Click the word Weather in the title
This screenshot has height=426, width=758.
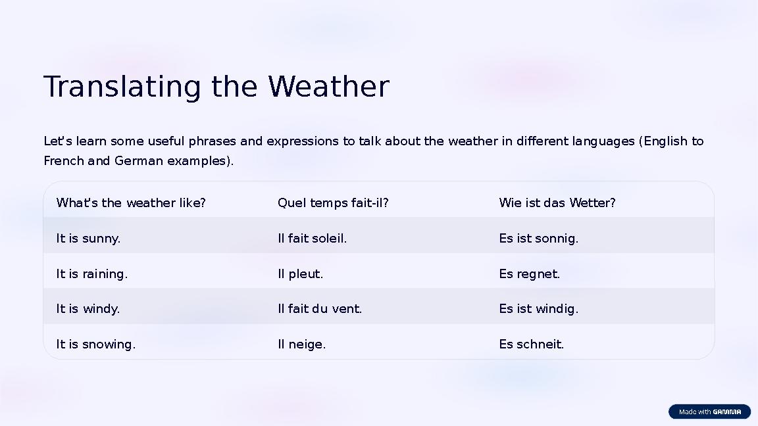(328, 87)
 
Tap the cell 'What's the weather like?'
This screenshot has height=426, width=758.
(131, 203)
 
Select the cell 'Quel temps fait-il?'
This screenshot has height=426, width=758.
(333, 203)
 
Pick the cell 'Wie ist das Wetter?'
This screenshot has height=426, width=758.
(557, 203)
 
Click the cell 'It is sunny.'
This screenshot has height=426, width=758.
(88, 239)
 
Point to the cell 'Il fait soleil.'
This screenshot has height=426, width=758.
(312, 239)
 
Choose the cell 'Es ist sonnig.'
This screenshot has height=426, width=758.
(538, 239)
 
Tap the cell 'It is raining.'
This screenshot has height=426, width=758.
(91, 274)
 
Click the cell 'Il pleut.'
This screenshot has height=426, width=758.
(300, 274)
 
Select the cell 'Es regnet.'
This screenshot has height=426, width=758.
(529, 274)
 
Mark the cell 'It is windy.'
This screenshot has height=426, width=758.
(88, 309)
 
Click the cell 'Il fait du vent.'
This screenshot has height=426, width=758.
(319, 309)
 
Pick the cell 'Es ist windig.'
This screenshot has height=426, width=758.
(538, 309)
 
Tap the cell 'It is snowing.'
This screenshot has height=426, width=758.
(95, 344)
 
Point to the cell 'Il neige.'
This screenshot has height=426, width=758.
(301, 344)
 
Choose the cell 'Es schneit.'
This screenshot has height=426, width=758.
(531, 344)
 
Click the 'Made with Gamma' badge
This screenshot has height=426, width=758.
(709, 412)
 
